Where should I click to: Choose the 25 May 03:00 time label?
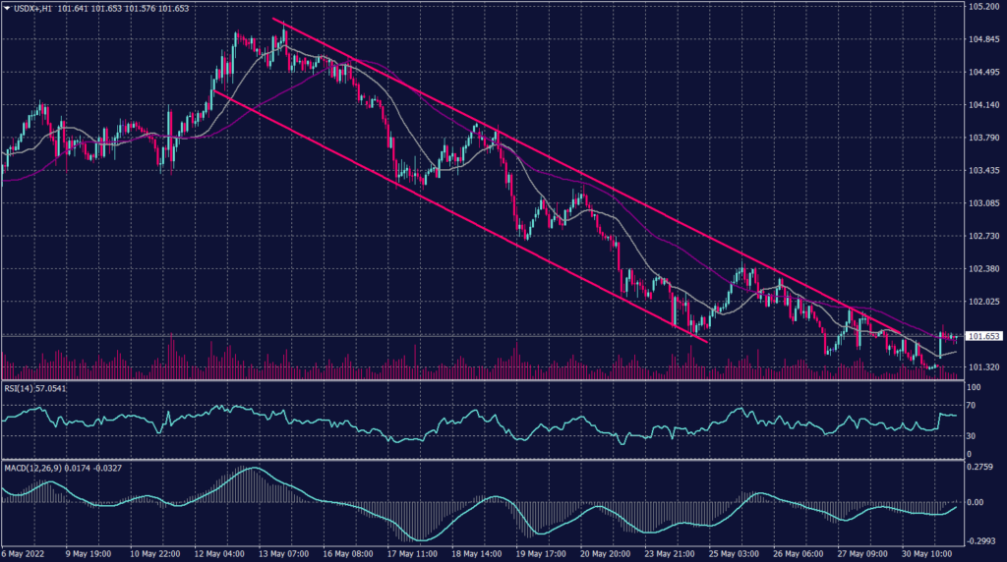(734, 552)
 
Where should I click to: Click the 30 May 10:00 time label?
(926, 552)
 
